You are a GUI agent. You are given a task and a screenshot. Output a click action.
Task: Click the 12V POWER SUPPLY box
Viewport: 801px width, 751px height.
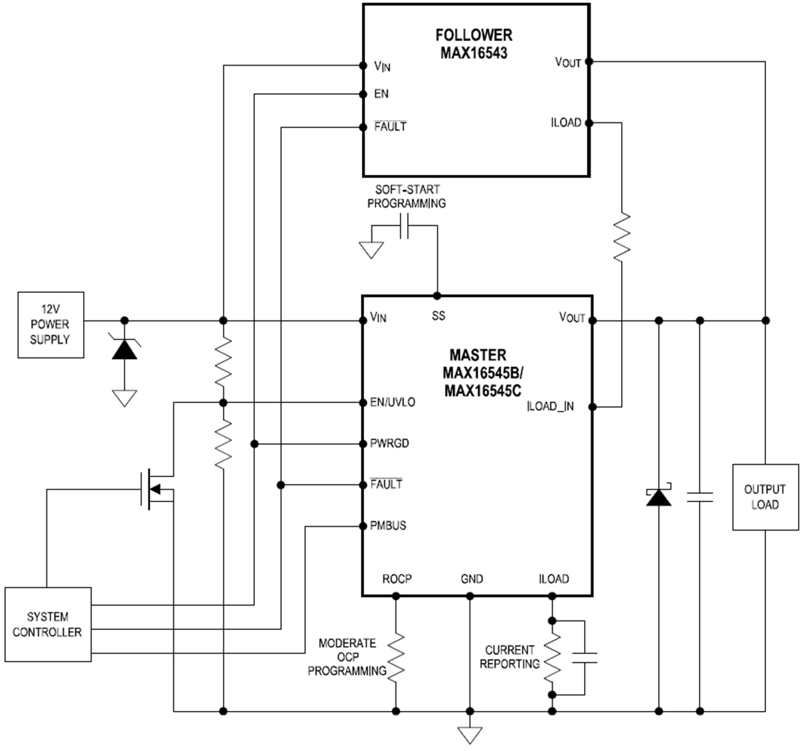point(50,326)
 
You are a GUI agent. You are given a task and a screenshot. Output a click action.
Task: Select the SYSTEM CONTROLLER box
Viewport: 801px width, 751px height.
point(48,624)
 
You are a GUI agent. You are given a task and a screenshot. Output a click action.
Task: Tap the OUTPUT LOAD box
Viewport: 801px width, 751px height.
point(765,497)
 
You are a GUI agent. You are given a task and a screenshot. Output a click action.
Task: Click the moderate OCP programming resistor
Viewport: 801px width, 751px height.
point(396,657)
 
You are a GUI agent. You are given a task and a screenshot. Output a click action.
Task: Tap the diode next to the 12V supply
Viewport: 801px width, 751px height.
point(125,347)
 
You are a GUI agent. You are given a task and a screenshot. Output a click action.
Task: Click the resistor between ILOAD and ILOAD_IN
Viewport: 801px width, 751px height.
point(621,237)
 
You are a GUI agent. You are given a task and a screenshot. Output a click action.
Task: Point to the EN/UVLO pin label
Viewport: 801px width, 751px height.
point(393,403)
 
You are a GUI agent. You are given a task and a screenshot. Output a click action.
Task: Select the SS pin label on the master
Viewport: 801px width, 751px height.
point(438,316)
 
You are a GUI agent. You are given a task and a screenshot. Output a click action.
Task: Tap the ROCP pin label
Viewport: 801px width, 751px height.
point(397,579)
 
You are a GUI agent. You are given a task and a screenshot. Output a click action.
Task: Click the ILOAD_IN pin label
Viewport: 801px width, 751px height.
point(550,406)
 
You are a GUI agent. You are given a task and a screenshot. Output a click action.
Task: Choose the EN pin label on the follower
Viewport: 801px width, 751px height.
point(381,95)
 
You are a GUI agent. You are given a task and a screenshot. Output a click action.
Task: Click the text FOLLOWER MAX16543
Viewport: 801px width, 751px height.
point(473,43)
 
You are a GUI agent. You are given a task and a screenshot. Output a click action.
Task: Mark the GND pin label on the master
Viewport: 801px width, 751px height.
point(471,579)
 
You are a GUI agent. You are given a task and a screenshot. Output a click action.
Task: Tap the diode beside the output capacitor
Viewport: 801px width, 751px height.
point(658,497)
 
